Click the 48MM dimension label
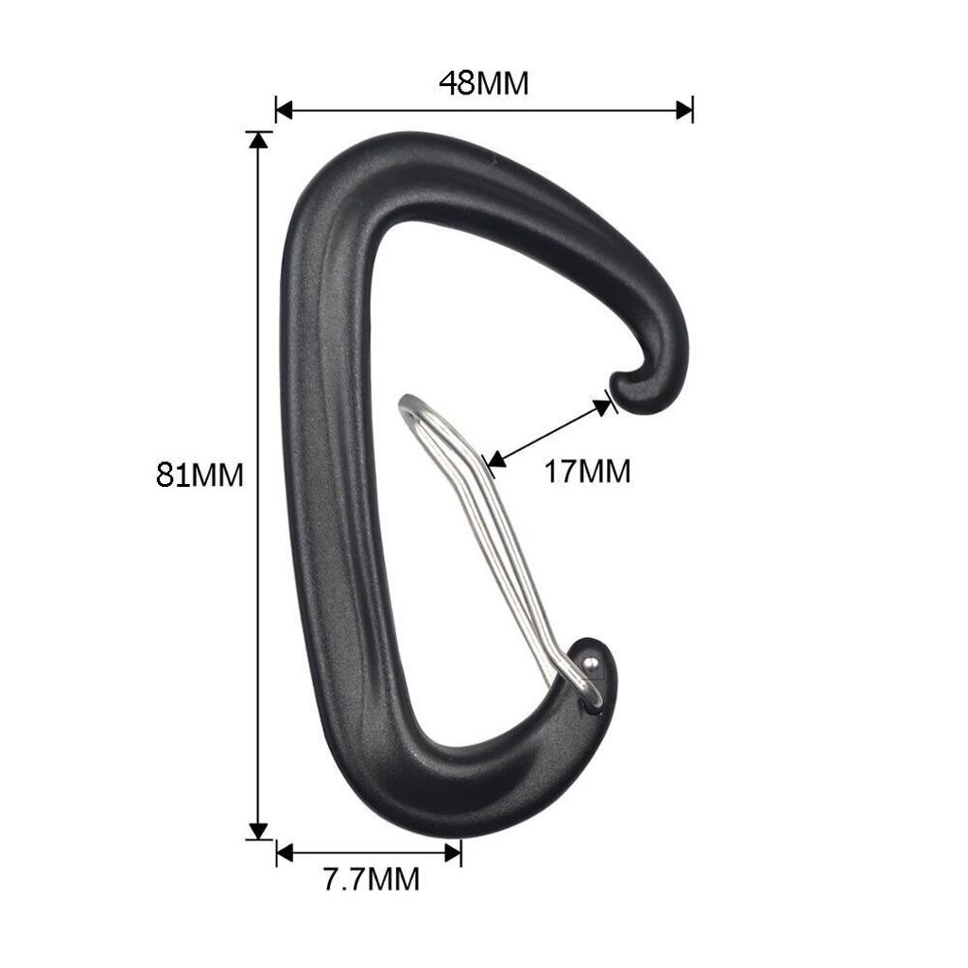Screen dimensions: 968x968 click(484, 83)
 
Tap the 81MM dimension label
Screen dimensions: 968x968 click(199, 475)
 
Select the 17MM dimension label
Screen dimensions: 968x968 click(587, 472)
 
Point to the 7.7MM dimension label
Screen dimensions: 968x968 click(372, 879)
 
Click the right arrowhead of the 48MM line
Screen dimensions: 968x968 click(684, 111)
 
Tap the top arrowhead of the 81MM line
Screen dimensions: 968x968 click(259, 140)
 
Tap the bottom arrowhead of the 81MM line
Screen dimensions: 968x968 click(259, 831)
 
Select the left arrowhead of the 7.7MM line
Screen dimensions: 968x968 click(284, 854)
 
